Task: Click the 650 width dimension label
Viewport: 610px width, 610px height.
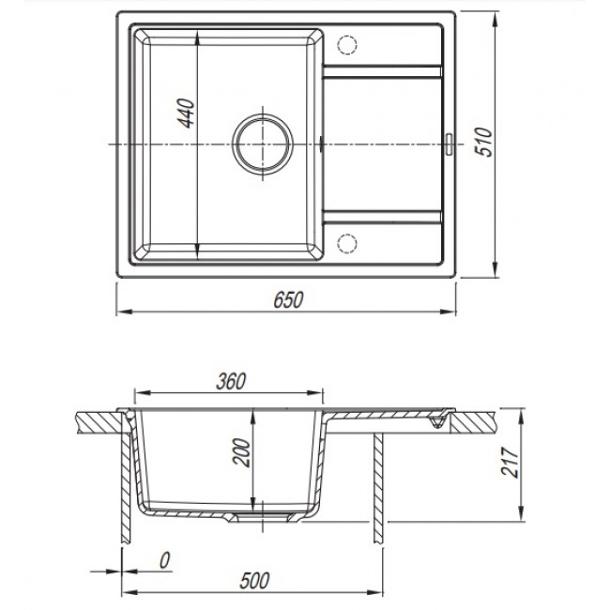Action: tap(288, 300)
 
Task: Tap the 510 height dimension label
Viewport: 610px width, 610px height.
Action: tap(485, 142)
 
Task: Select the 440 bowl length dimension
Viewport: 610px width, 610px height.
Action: tap(186, 114)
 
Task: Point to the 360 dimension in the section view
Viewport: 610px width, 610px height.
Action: tap(231, 381)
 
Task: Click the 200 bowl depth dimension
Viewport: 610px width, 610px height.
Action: tap(241, 452)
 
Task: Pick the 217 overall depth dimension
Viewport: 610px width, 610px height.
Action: tap(510, 462)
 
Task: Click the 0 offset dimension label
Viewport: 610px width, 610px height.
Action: tap(165, 561)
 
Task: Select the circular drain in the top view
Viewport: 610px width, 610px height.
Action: tap(263, 144)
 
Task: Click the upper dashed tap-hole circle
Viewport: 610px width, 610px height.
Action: tap(347, 45)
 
